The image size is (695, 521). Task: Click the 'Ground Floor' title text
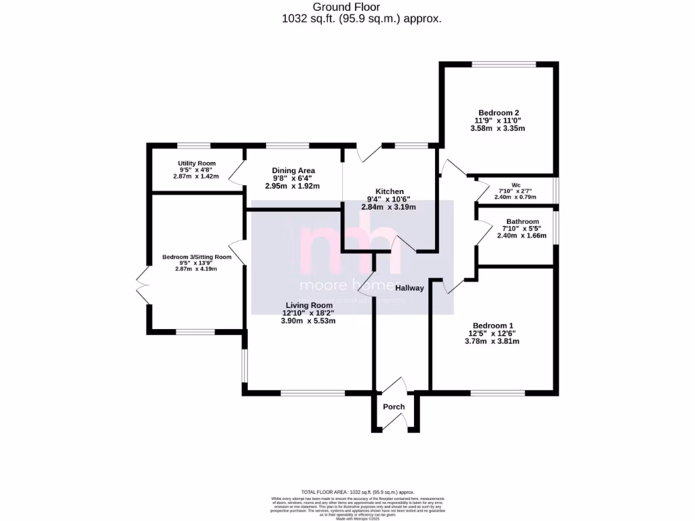361,7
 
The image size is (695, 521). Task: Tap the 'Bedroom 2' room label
499,113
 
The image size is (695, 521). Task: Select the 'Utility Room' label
197,163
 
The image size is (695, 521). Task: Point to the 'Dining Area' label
293,170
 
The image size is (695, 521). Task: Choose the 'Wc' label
516,185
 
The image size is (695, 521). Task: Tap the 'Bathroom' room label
521,221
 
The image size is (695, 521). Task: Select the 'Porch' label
394,407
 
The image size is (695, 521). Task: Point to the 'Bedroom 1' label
491,325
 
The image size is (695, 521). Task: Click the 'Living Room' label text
309,305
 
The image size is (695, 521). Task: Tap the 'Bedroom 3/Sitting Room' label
197,257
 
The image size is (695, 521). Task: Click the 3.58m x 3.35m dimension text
497,128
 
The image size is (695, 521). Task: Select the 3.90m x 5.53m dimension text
309,321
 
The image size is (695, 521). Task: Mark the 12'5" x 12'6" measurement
491,333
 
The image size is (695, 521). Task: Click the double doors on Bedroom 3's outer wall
143,285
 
